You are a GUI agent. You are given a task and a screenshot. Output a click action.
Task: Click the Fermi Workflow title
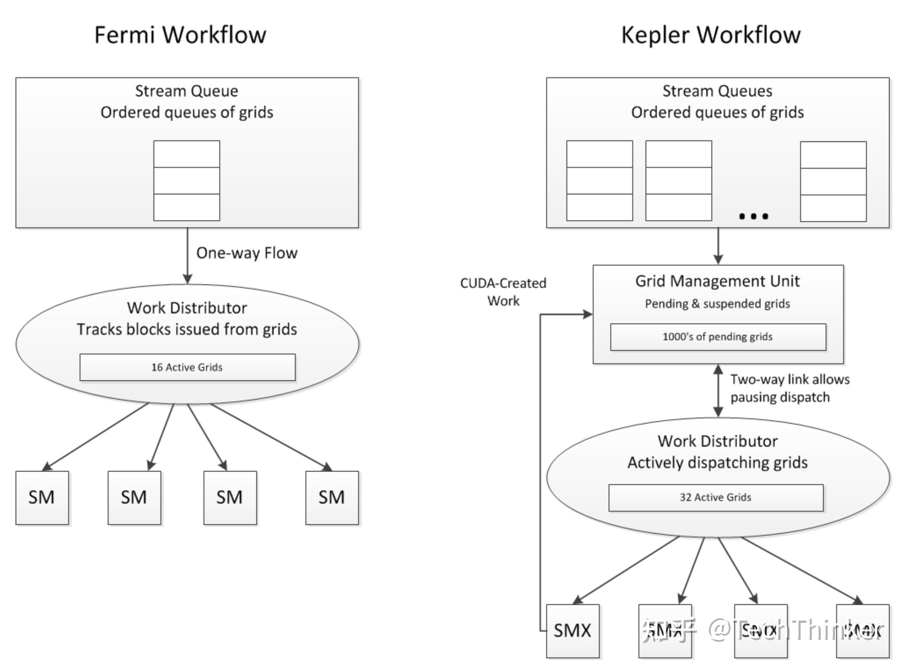point(180,35)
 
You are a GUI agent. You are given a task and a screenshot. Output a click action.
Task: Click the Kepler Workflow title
point(711,35)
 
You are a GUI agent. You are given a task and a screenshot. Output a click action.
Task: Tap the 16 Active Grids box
point(187,367)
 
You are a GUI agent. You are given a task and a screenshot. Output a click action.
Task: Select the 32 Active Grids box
point(716,497)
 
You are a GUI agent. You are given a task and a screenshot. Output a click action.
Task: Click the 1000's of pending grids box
point(718,337)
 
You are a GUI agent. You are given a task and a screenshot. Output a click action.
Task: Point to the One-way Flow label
point(247,253)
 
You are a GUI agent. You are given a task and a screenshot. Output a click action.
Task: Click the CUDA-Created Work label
point(503,291)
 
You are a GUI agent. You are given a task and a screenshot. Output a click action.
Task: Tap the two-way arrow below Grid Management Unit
point(718,390)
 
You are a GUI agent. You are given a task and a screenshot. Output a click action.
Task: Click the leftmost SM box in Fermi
point(42,498)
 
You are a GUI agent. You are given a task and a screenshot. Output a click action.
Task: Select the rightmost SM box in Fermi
point(332,498)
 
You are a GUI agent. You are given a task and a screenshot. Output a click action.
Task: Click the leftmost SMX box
point(573,630)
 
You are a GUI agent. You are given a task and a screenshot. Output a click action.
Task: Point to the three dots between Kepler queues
point(753,216)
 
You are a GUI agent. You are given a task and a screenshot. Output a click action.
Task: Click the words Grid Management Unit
point(718,281)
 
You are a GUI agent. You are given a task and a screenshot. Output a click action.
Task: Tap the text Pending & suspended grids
point(718,304)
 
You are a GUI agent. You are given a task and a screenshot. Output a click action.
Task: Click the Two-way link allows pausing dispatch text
point(790,388)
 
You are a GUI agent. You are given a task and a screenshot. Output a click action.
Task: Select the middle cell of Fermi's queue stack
point(187,180)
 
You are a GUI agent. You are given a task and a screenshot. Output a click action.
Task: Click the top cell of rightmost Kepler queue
point(833,154)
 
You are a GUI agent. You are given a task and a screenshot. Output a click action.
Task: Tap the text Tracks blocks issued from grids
point(187,329)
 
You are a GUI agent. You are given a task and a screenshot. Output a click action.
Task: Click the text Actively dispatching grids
point(718,462)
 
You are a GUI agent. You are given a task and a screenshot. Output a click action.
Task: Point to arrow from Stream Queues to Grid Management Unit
point(718,246)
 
